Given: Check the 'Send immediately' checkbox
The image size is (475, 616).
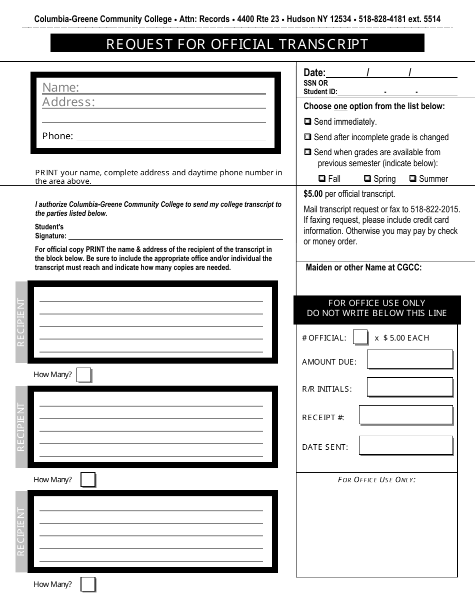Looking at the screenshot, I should point(308,122).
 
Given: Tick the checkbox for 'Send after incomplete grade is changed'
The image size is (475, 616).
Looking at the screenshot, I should point(308,137).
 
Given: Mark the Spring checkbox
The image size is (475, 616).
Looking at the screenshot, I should point(367,178).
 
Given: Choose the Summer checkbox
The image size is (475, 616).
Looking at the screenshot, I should point(413,178).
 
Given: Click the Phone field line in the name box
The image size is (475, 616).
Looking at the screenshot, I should point(170,137).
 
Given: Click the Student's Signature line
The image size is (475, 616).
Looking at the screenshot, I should point(175,236).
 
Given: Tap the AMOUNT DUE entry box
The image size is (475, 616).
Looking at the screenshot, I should point(409,360).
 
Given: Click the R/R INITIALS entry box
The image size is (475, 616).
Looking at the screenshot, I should point(409,387).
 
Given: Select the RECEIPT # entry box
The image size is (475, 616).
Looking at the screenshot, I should point(405,415).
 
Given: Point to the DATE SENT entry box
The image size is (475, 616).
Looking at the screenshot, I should point(405,446).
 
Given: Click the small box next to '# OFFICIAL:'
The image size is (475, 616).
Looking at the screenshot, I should point(360,338).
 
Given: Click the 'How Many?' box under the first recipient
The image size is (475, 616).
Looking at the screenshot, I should point(84,375).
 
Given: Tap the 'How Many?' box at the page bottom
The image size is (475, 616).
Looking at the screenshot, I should point(88,584).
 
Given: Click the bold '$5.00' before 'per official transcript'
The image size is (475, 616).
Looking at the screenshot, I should point(313,194).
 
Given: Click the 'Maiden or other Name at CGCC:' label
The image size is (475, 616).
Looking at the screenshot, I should point(363,267).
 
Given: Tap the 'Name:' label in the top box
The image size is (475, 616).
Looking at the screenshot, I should point(60,88).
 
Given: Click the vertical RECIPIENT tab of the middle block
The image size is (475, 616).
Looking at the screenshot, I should point(21,427).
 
